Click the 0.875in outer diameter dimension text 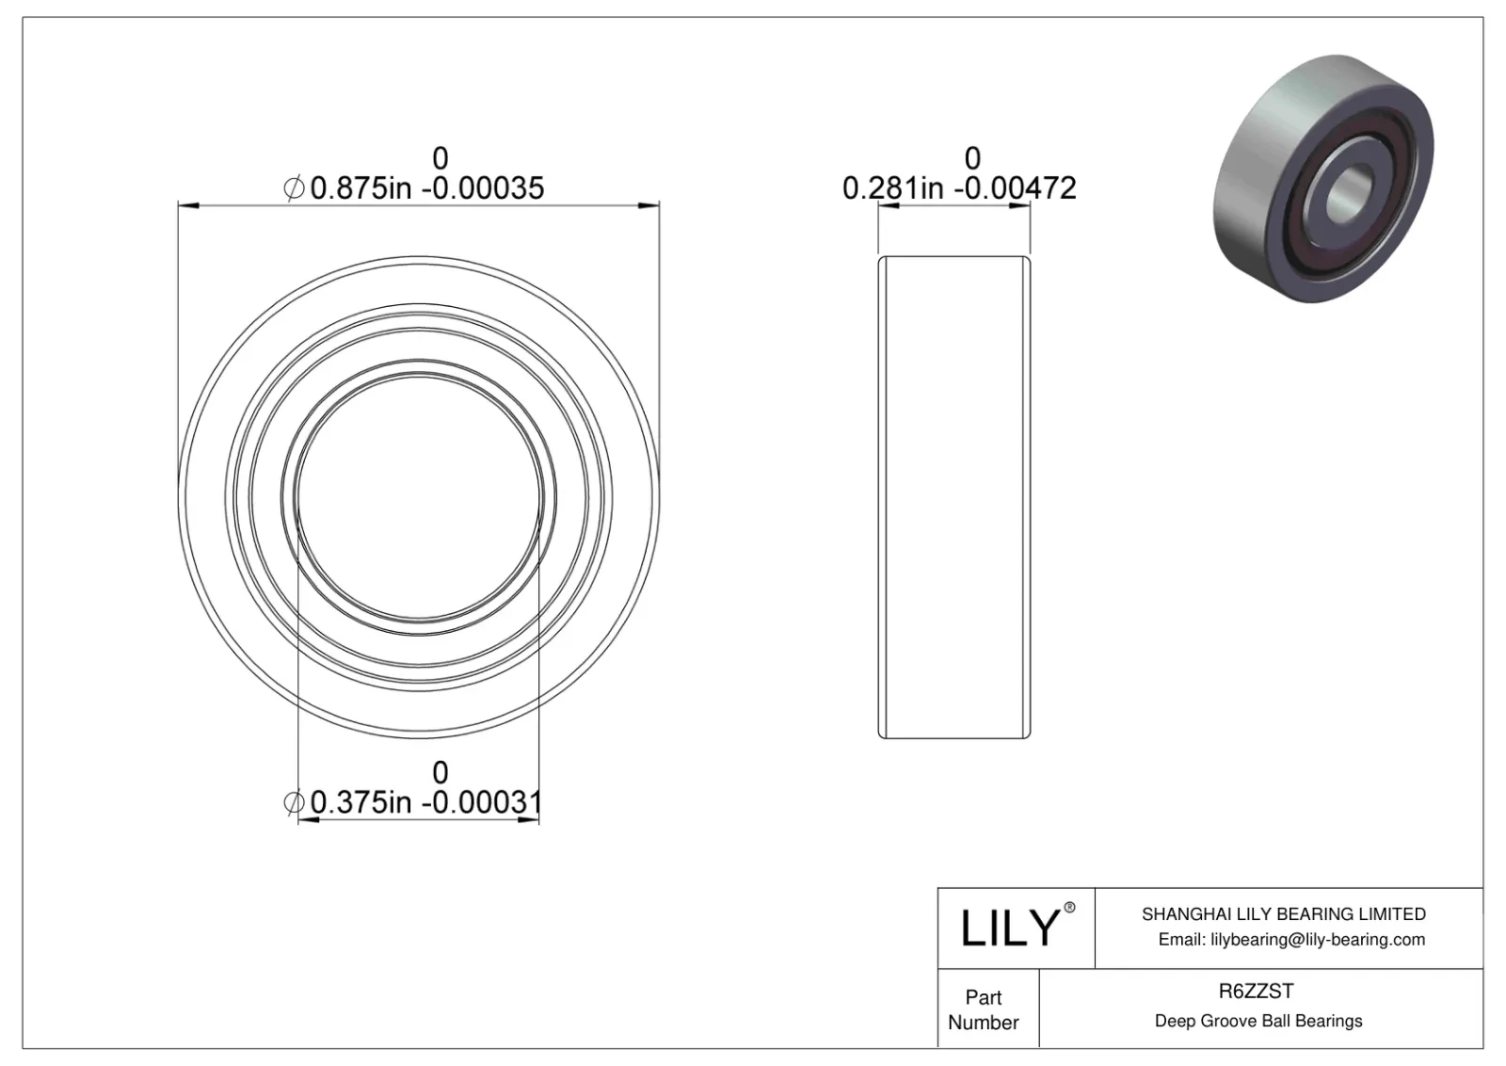point(360,188)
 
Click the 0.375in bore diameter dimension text point(360,802)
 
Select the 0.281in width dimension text point(892,188)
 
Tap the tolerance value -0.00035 point(482,188)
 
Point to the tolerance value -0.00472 point(1015,188)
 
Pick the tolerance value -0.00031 point(481,802)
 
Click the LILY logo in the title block point(1009,929)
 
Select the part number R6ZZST point(1256,991)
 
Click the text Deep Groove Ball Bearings point(1258,1021)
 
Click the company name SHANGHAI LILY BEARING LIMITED point(1283,913)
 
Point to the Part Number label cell point(984,1009)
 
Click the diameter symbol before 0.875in point(294,188)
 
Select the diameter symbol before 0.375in point(294,802)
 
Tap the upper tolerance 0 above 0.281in point(972,158)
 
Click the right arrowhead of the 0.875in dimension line point(649,204)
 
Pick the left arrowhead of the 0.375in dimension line point(307,820)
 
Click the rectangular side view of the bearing point(954,497)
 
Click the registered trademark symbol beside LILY point(1069,908)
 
